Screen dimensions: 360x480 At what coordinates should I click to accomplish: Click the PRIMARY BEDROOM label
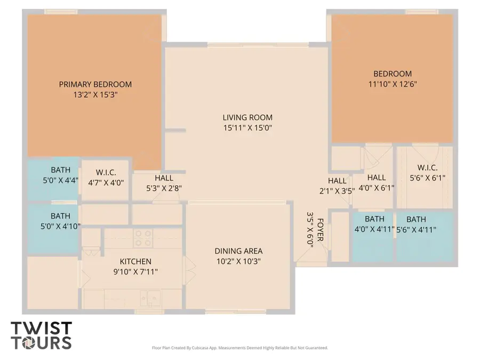tap(95, 84)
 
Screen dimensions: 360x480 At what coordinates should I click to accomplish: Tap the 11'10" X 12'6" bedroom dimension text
tap(392, 84)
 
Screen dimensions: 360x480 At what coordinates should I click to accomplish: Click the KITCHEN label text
tap(135, 261)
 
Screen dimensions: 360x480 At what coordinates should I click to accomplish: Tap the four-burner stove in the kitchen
tap(142, 238)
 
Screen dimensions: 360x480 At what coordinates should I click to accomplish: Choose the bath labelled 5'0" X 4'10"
tap(60, 221)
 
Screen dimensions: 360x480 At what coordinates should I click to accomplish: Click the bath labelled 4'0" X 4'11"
tap(374, 224)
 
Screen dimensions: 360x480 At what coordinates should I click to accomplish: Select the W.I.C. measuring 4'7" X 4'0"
tap(110, 177)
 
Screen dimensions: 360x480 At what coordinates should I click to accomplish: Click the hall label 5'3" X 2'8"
tap(164, 183)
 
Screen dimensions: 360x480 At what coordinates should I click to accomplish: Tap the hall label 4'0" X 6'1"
tap(376, 182)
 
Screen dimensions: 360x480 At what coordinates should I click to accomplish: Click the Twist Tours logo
tap(41, 335)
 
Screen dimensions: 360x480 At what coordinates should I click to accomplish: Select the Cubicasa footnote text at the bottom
tap(239, 348)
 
